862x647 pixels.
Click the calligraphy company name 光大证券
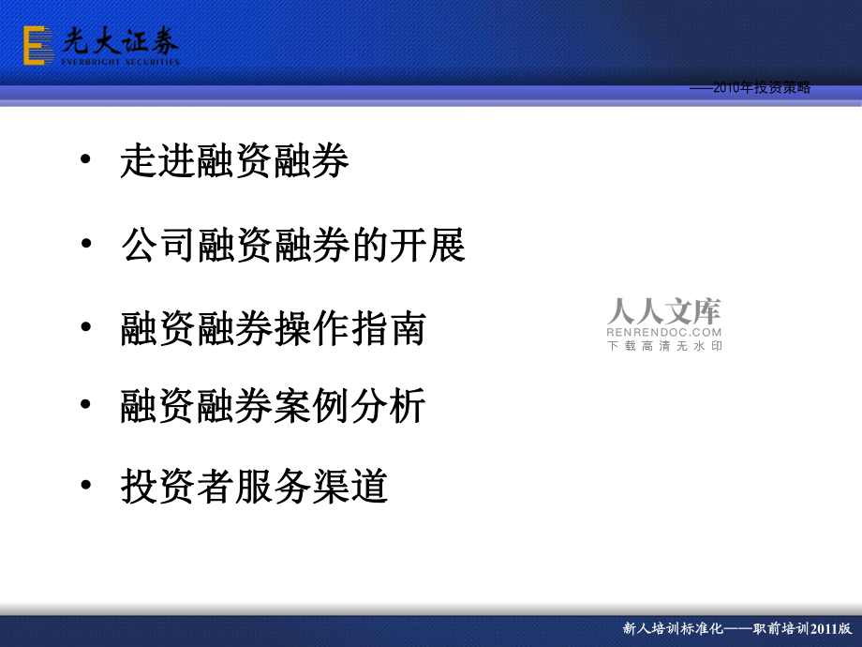(x=120, y=39)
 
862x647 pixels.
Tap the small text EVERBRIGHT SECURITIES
(x=120, y=62)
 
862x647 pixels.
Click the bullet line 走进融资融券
(x=234, y=162)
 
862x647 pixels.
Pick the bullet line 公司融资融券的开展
(x=292, y=246)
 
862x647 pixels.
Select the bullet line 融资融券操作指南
(x=273, y=328)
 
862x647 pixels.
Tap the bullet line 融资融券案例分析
(x=273, y=406)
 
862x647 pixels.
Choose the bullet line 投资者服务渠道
(x=254, y=487)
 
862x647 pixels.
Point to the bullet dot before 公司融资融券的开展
(x=86, y=245)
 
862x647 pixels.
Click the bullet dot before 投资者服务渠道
(x=86, y=485)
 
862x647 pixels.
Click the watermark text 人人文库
(x=664, y=311)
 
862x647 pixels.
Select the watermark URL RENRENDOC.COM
(x=664, y=332)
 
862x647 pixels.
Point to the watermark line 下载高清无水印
(x=664, y=346)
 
